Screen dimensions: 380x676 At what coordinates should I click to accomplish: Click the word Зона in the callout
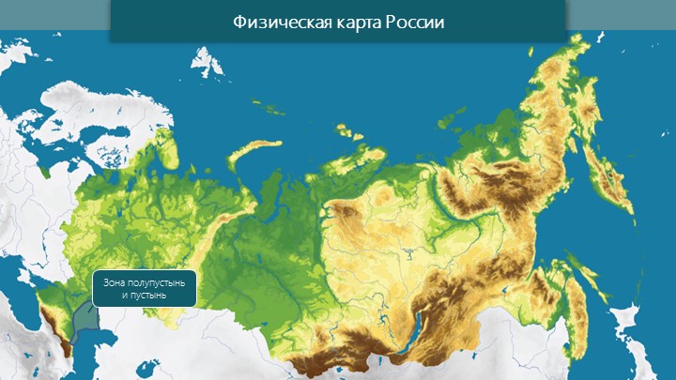click(115, 282)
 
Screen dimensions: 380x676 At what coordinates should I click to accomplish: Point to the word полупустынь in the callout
click(157, 282)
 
